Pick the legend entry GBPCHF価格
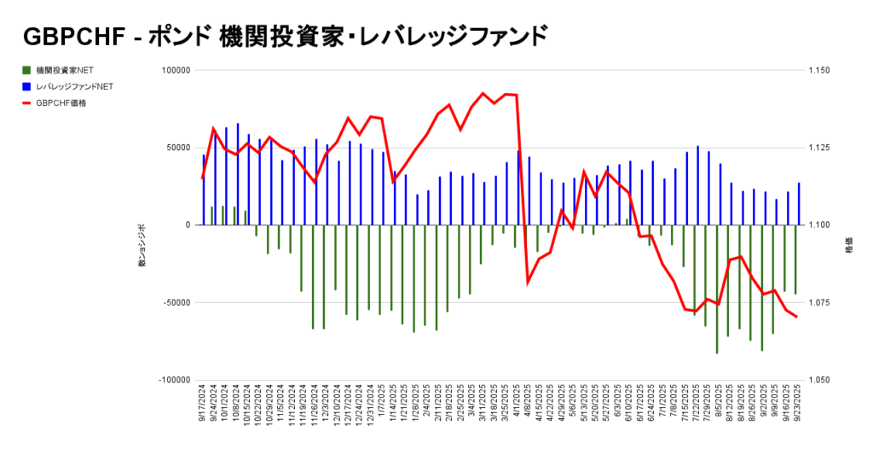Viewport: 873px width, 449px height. pos(61,102)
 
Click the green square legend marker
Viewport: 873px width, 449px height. pos(26,70)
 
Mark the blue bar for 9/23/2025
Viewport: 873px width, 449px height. pos(799,204)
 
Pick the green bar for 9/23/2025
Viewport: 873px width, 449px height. pos(795,259)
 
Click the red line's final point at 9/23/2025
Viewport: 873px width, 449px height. pos(797,317)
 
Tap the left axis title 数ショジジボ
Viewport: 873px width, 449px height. pos(142,247)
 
